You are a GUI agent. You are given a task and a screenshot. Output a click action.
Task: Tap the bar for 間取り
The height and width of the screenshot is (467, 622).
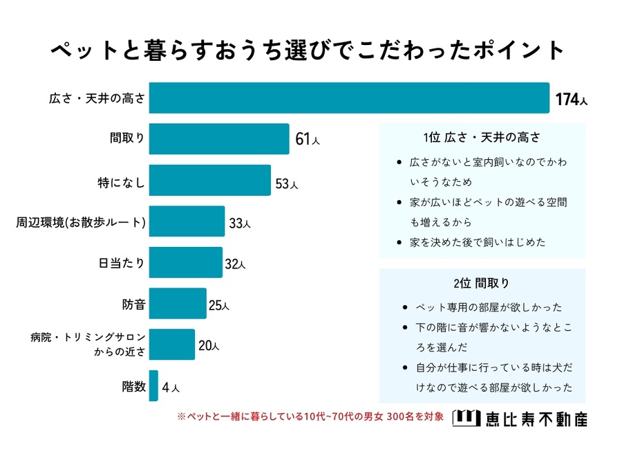pos(218,139)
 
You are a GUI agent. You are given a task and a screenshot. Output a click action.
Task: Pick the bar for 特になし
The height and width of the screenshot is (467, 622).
pos(209,181)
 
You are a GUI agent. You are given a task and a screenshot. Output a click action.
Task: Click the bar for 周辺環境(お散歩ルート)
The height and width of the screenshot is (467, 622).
pos(187,221)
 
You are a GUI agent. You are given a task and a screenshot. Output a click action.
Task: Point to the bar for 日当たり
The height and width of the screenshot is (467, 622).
pos(185,263)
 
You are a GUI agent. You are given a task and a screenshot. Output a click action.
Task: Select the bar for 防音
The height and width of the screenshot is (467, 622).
pos(178,304)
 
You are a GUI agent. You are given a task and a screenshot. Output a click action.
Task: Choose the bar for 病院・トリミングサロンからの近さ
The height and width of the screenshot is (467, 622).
pos(171,345)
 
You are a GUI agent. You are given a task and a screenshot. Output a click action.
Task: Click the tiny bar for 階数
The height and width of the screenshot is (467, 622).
pos(153,386)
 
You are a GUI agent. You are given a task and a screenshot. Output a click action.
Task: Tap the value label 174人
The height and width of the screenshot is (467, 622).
pos(572,100)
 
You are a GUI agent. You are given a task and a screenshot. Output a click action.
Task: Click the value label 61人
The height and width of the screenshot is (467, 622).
pos(307,140)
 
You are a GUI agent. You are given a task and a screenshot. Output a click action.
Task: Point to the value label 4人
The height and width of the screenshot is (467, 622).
pos(170,387)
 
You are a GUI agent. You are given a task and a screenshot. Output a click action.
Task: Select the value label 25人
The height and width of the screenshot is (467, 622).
pos(218,305)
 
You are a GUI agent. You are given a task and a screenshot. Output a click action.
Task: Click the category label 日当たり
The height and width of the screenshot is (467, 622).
pos(122,263)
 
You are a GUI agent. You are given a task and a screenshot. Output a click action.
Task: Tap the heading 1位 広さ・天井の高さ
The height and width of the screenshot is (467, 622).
pos(482,137)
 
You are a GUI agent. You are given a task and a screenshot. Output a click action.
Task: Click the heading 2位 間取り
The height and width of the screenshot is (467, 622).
pos(482,283)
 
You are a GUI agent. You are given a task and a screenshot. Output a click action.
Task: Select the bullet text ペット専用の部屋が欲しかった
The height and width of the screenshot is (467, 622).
pos(489,307)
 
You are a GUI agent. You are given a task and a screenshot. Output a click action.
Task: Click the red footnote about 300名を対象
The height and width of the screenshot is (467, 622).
pos(310,417)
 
